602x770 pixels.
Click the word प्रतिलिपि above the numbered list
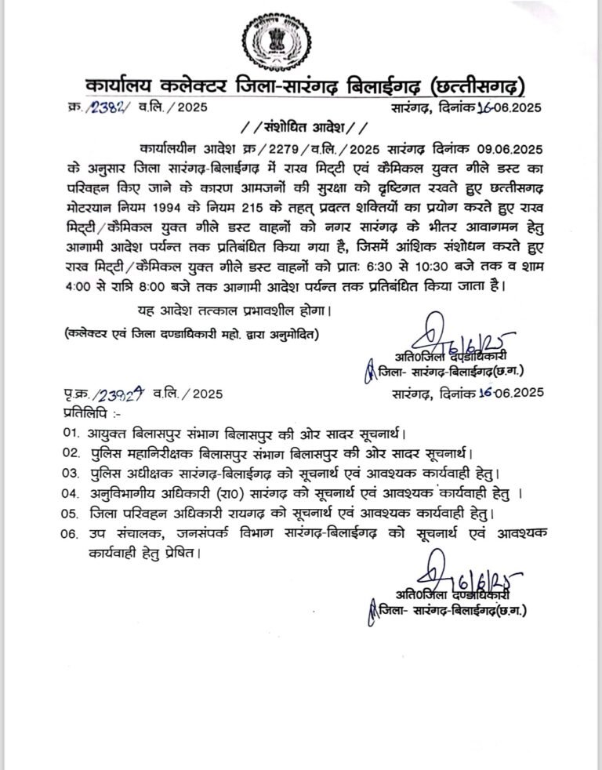tap(79, 411)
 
